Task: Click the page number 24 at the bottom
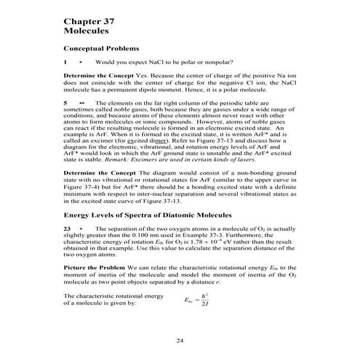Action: coord(180,341)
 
